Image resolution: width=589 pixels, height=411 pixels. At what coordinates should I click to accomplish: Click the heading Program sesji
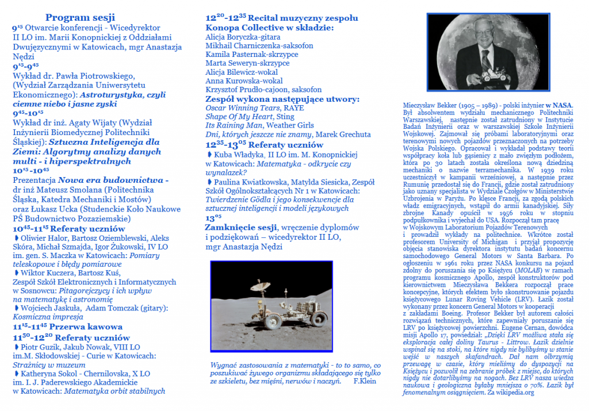(80, 17)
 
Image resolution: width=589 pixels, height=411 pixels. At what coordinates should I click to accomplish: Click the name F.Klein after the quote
(364, 381)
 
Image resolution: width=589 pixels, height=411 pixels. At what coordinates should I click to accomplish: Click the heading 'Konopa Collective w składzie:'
(269, 27)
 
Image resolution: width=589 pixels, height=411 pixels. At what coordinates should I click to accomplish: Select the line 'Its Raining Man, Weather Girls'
(259, 125)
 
